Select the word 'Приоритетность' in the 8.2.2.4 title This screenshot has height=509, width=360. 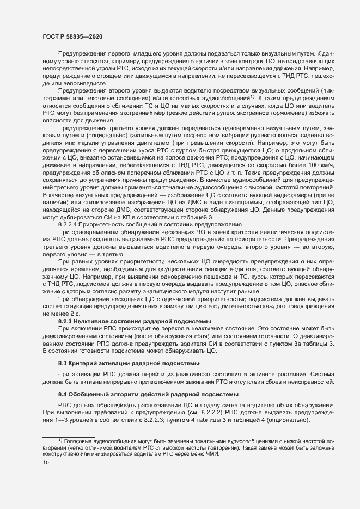point(105,225)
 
